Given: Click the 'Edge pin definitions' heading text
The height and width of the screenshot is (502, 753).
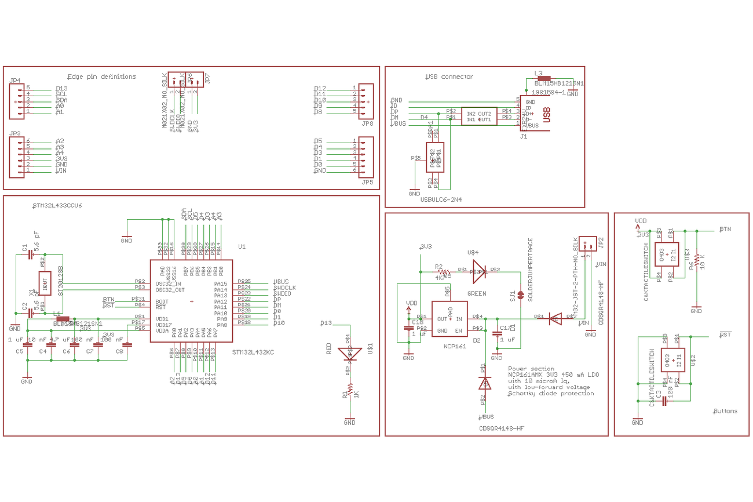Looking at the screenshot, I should [x=102, y=77].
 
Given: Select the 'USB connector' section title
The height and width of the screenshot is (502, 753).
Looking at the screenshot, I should [x=449, y=77].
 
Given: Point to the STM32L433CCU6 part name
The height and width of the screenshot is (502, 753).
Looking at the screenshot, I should [x=57, y=206].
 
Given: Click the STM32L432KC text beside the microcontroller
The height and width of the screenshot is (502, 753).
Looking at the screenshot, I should [x=253, y=352].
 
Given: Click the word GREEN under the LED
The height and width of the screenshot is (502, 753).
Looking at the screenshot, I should [x=476, y=294].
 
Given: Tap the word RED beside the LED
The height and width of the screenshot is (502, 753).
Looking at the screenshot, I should [x=329, y=348].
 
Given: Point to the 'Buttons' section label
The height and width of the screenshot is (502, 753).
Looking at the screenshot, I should [x=725, y=411].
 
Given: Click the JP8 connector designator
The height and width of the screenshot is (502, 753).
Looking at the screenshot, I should [x=367, y=123].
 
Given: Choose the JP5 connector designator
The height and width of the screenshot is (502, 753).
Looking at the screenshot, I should [x=367, y=182].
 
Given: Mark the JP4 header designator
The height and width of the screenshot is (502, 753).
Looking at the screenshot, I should [x=15, y=80].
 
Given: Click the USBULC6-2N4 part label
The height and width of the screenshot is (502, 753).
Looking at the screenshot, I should [x=441, y=199].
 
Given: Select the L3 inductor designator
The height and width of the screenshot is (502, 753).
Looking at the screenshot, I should [x=538, y=74].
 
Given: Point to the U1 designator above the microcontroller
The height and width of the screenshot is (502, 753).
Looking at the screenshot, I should [x=242, y=246].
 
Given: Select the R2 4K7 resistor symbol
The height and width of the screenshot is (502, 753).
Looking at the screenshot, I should [x=444, y=271].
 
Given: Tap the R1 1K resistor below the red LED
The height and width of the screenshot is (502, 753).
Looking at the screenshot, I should [x=350, y=390].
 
